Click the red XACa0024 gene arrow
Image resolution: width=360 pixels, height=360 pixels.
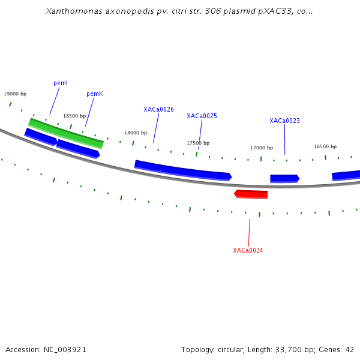(x=251, y=194)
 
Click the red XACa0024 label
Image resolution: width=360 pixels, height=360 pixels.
(x=248, y=250)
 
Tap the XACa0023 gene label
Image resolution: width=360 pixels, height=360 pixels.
(x=284, y=121)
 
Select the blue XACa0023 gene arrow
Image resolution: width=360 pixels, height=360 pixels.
(x=284, y=178)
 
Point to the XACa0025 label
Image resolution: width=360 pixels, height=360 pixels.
(x=202, y=116)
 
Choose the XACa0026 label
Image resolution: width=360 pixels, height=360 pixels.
(x=158, y=109)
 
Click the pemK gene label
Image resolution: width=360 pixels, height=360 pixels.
(x=95, y=94)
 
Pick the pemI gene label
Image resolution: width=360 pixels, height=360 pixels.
(x=61, y=83)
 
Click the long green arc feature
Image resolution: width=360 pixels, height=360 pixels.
(x=66, y=133)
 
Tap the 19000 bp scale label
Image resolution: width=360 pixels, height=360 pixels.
(x=15, y=94)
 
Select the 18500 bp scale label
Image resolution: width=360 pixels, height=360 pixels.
(x=74, y=116)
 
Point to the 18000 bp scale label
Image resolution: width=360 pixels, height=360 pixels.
(x=136, y=133)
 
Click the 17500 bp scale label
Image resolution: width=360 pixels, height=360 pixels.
(x=198, y=143)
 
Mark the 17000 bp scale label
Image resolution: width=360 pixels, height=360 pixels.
(x=262, y=148)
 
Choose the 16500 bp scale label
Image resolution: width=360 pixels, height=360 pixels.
(x=325, y=146)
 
